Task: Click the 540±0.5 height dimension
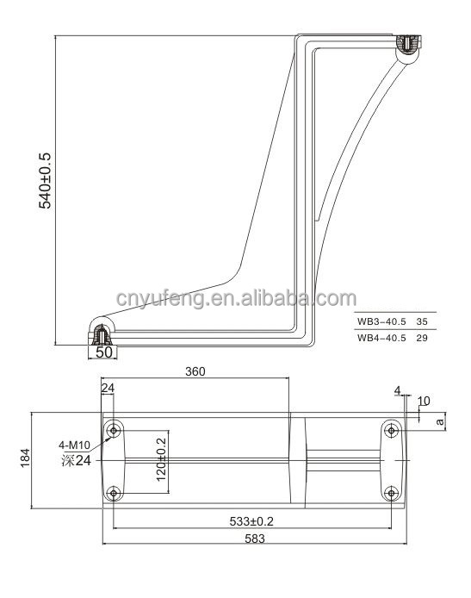pos(45,181)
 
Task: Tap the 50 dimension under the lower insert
pos(104,352)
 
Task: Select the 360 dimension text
pos(195,371)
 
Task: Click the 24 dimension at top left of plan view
pos(108,389)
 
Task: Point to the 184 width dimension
pos(25,458)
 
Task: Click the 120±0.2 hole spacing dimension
pos(161,459)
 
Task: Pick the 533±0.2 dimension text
pos(251,521)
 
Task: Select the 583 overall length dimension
pos(255,539)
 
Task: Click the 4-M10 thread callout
pos(74,445)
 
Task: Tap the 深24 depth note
pos(77,461)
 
